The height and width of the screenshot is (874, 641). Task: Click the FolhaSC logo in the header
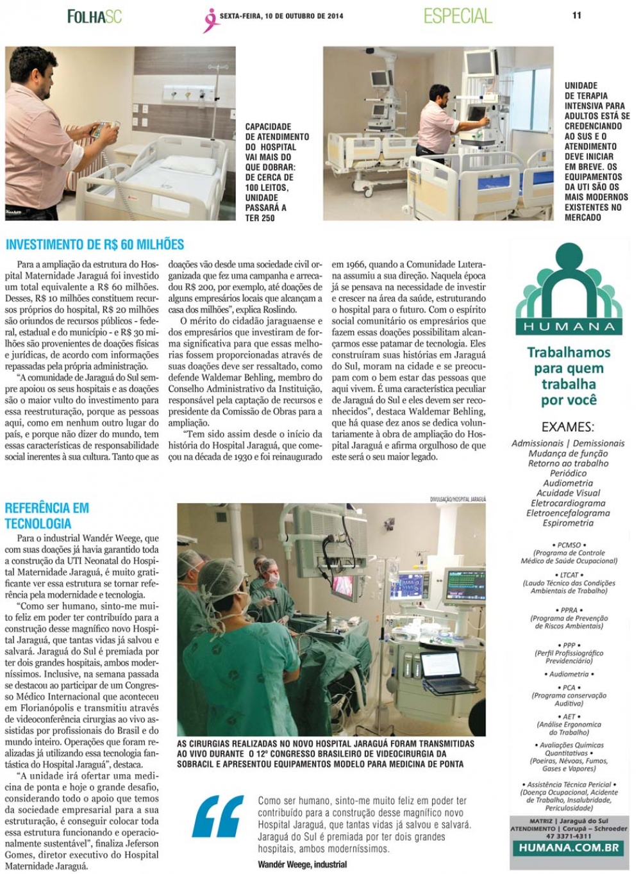coord(94,17)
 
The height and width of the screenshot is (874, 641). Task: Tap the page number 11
coord(577,15)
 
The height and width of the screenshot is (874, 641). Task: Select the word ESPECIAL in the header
coord(458,16)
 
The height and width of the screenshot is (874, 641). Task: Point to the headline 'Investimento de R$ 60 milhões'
coord(95,244)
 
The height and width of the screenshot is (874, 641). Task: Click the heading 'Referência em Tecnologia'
coord(47,516)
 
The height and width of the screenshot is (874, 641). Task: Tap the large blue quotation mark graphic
coord(219,816)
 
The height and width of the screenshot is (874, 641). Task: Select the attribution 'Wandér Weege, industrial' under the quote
coord(303,864)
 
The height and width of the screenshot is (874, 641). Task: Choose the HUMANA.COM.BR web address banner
coord(569,848)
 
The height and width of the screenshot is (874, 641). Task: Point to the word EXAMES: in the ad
coord(568,427)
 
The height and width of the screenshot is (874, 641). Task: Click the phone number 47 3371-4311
coord(569,836)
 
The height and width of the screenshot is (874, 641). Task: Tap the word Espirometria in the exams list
coord(569,523)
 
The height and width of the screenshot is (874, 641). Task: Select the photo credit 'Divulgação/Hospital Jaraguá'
coord(458,499)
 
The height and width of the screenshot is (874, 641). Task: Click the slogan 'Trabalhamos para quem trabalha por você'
coord(569,376)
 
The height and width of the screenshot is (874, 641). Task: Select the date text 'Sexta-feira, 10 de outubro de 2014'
coord(281,16)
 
